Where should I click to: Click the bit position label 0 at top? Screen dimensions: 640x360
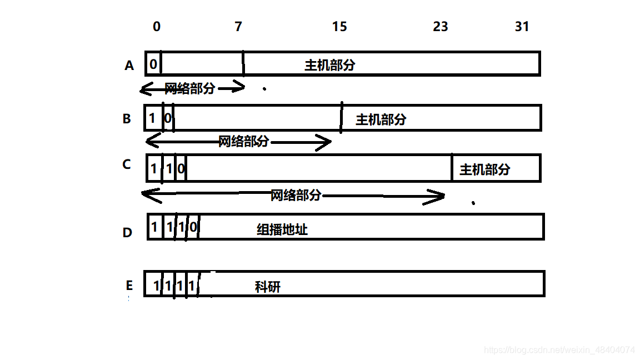coord(157,27)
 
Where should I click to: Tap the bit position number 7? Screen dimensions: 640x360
coord(238,27)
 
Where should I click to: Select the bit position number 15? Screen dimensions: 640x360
coord(339,27)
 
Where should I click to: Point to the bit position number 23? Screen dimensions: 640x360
coord(440,27)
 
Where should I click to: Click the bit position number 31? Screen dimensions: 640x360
coord(522,27)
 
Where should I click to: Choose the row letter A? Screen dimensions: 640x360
coord(129,66)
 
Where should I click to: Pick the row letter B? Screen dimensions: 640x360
coord(127,119)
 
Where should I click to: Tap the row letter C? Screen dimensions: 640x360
coord(127,164)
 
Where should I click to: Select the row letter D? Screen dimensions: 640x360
coord(127,232)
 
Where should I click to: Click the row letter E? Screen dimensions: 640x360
coord(129,286)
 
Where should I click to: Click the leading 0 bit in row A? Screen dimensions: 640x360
coord(153,64)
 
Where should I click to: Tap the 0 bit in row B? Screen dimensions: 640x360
coord(168,118)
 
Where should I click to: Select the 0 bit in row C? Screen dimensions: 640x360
coord(181,168)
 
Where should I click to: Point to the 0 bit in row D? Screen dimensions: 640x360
coord(193,227)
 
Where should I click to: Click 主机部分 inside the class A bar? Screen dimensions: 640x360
coord(329,65)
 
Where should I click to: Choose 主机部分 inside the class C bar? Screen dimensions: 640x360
coord(484,169)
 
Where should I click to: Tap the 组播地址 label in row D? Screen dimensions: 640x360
coord(282,229)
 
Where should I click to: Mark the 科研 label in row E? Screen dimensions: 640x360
coord(268,287)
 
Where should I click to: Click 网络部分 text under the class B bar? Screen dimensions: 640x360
coord(243,142)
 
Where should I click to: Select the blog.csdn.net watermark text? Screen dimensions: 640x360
coord(559,350)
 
